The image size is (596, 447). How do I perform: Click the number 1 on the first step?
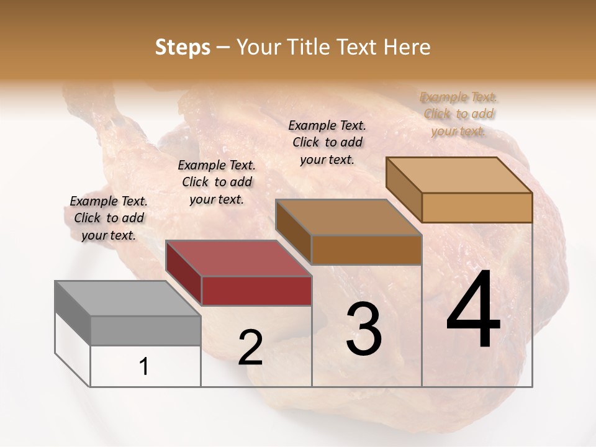pyautogui.click(x=144, y=367)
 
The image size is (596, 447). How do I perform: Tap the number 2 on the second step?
pyautogui.click(x=250, y=348)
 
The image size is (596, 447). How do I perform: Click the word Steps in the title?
pyautogui.click(x=183, y=47)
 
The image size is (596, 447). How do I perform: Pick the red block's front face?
pyautogui.click(x=256, y=291)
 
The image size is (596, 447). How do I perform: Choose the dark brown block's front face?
pyautogui.click(x=366, y=250)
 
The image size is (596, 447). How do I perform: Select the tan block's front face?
pyautogui.click(x=477, y=207)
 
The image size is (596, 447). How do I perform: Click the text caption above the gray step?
pyautogui.click(x=109, y=218)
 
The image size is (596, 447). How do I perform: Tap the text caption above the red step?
pyautogui.click(x=217, y=182)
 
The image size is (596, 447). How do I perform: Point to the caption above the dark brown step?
pyautogui.click(x=327, y=142)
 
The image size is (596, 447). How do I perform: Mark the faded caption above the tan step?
pyautogui.click(x=458, y=114)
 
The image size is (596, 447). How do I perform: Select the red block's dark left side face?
pyautogui.click(x=184, y=273)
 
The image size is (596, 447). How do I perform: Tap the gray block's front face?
pyautogui.click(x=145, y=330)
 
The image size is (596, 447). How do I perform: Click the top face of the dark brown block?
pyautogui.click(x=348, y=218)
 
